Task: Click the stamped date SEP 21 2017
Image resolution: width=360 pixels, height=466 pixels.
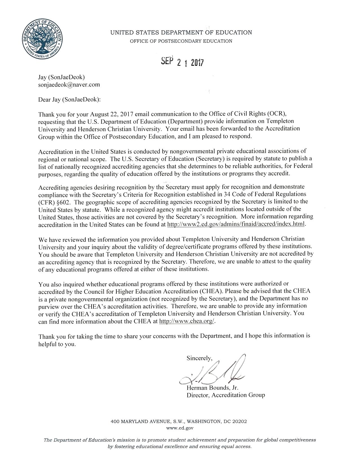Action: [x=182, y=62]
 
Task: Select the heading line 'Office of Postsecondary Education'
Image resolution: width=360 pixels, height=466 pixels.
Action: [x=181, y=41]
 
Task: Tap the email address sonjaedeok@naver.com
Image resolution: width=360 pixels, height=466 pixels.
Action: [x=69, y=84]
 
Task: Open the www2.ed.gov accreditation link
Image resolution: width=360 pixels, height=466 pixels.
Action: [x=236, y=225]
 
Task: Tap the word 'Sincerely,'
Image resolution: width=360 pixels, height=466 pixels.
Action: [x=199, y=358]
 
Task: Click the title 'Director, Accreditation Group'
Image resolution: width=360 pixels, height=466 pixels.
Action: [x=226, y=395]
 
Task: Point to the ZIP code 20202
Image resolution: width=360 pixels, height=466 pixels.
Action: [x=239, y=422]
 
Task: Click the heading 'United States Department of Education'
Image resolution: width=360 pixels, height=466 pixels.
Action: [x=181, y=32]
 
